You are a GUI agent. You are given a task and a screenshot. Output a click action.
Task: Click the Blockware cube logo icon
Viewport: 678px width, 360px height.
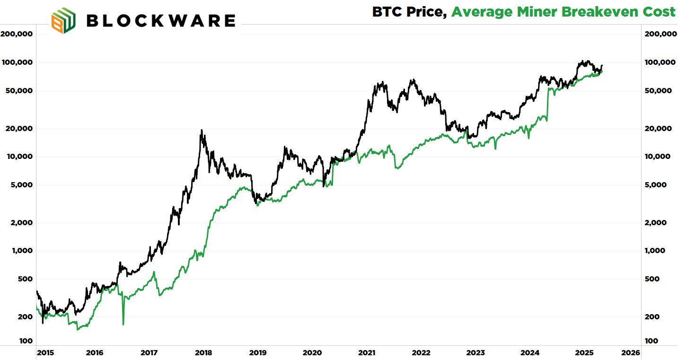pyautogui.click(x=63, y=21)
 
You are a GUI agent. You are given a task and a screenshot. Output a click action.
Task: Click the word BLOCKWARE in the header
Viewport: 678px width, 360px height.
pyautogui.click(x=161, y=21)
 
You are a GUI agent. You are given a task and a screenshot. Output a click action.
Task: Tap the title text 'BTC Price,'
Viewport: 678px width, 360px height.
pyautogui.click(x=409, y=12)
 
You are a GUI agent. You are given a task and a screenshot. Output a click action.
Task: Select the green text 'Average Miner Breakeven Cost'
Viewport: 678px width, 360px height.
pyautogui.click(x=563, y=12)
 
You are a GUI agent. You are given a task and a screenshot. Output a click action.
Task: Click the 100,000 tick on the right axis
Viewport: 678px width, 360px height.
pyautogui.click(x=661, y=62)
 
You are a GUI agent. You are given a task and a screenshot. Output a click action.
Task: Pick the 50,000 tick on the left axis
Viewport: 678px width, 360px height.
pyautogui.click(x=18, y=91)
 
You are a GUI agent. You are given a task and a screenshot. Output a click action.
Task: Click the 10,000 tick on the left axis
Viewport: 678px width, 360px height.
pyautogui.click(x=18, y=157)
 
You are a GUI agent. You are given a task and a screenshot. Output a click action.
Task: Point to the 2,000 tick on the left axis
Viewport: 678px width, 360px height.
pyautogui.click(x=20, y=223)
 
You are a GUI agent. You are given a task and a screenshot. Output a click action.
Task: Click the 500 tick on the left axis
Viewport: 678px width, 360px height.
pyautogui.click(x=24, y=279)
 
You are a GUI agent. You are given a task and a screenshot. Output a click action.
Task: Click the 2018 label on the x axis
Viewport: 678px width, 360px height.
pyautogui.click(x=203, y=353)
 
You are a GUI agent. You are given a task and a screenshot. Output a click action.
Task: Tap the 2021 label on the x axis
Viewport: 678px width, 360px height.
pyautogui.click(x=367, y=353)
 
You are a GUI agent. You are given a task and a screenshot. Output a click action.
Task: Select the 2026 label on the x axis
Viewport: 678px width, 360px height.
pyautogui.click(x=631, y=353)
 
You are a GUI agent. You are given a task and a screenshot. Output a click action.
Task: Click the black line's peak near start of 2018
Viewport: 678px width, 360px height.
pyautogui.click(x=202, y=131)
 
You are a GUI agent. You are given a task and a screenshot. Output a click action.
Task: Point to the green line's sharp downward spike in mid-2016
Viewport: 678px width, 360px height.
pyautogui.click(x=123, y=324)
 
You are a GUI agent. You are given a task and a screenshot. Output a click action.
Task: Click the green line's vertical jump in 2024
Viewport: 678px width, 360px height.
pyautogui.click(x=547, y=102)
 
